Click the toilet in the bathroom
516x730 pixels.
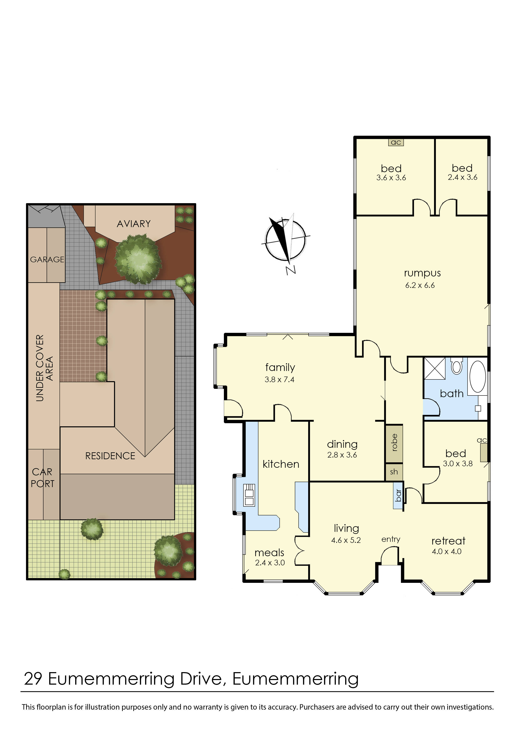pyautogui.click(x=456, y=366)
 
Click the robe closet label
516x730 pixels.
pyautogui.click(x=394, y=443)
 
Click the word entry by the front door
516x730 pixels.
pyautogui.click(x=391, y=539)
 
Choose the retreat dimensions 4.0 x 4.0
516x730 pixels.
pyautogui.click(x=447, y=552)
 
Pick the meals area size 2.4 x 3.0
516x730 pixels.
pyautogui.click(x=270, y=563)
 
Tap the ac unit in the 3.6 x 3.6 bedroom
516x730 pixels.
pyautogui.click(x=396, y=142)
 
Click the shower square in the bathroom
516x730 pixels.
pyautogui.click(x=435, y=368)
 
